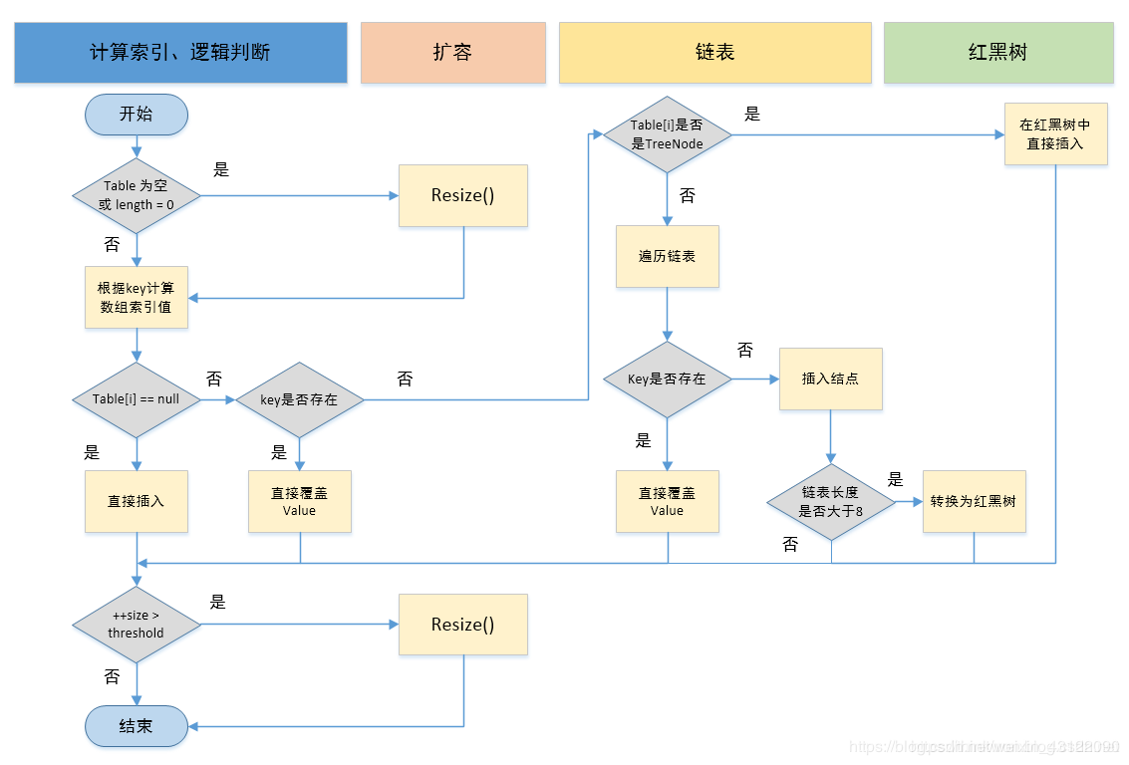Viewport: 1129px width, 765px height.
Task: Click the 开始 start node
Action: point(136,115)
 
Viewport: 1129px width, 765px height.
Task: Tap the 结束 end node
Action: point(136,726)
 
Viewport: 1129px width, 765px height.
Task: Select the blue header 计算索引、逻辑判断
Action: point(180,52)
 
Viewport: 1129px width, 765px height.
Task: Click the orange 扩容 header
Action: point(452,52)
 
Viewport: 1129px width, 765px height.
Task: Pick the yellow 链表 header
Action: point(714,52)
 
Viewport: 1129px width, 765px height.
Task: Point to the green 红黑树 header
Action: point(997,52)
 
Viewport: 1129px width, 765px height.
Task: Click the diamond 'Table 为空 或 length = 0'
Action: point(136,196)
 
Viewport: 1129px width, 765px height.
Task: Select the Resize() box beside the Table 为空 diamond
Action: point(462,195)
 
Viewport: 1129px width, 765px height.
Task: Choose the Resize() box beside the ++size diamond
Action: point(462,625)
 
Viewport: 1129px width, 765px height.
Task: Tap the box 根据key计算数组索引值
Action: point(136,297)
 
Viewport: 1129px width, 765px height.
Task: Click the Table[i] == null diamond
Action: point(136,399)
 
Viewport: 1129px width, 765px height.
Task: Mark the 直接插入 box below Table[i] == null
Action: point(136,501)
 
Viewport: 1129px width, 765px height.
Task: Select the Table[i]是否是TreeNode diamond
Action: point(667,134)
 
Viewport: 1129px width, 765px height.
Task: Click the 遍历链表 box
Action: point(667,256)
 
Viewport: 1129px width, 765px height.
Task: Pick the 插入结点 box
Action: point(830,379)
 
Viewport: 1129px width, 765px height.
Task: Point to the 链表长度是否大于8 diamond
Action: point(831,502)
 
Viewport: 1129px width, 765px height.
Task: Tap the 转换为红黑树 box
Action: point(974,501)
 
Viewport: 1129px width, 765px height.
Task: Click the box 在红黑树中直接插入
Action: point(1055,134)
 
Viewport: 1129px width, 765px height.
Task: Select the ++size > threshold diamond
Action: point(136,625)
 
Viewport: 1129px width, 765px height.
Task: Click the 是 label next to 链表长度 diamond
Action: point(895,479)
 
